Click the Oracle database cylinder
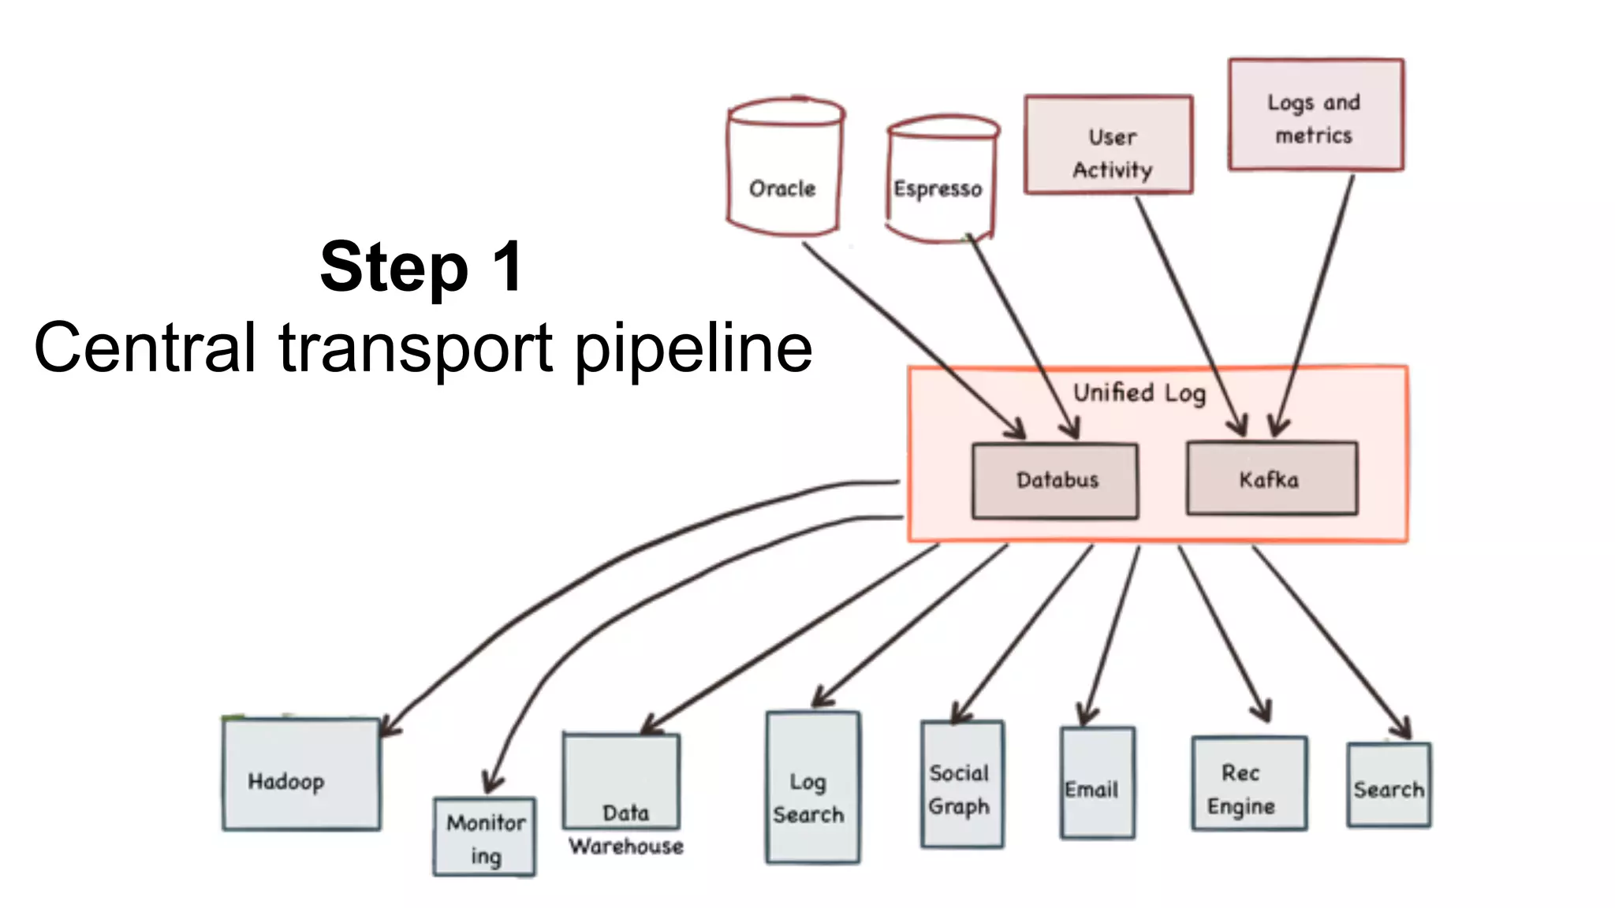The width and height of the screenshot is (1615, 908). (784, 169)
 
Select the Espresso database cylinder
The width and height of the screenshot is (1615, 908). (941, 181)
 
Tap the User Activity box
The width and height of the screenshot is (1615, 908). (1109, 145)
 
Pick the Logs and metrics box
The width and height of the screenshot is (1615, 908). (1315, 115)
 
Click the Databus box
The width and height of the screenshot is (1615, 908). (1055, 481)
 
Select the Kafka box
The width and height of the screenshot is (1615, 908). (1271, 479)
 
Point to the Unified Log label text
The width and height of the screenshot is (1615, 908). (1139, 393)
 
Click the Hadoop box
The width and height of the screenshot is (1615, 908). (301, 774)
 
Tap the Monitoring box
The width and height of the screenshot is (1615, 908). (484, 837)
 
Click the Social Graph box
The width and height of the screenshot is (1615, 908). (961, 784)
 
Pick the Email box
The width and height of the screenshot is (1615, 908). (1097, 783)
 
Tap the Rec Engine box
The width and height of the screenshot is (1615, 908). (1248, 783)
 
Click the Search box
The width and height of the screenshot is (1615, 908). (1389, 785)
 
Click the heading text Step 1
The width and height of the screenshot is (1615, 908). (421, 266)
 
